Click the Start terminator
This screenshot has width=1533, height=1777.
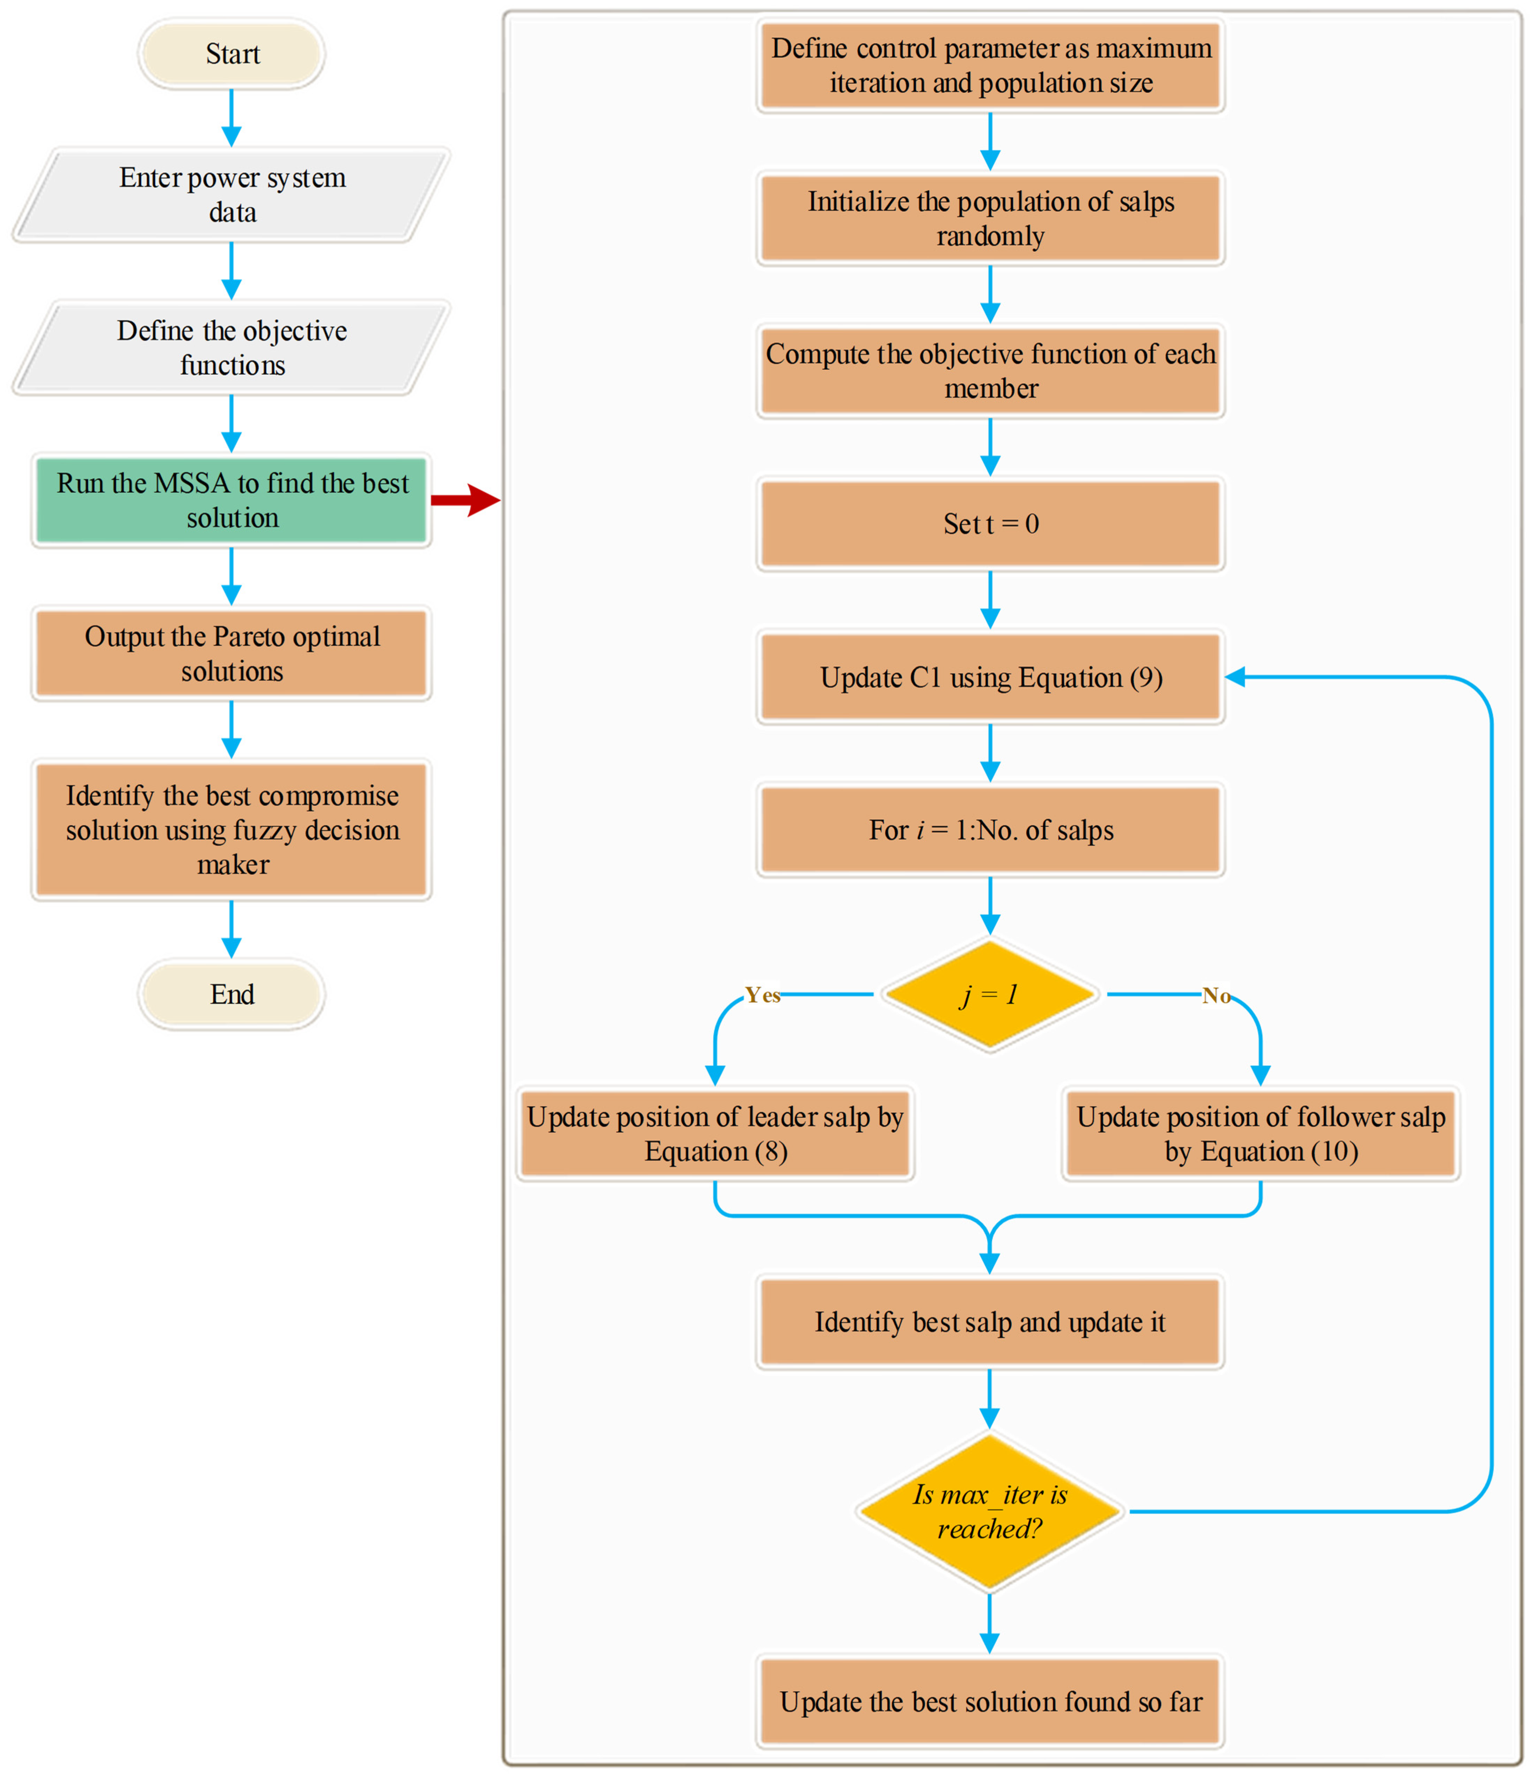[232, 54]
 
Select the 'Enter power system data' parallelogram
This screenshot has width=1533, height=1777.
[232, 195]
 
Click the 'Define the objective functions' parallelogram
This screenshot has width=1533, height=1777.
[232, 348]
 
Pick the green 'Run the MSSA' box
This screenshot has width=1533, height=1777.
[232, 500]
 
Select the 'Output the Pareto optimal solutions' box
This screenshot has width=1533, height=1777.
[232, 653]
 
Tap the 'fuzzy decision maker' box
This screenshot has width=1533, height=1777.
[232, 829]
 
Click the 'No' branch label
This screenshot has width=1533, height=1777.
[1216, 995]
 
